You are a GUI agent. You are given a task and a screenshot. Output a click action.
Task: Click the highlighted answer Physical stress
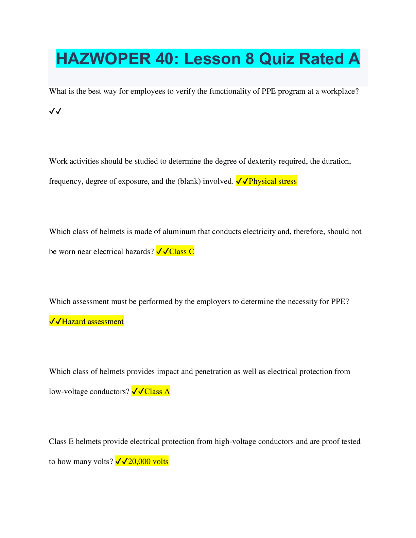(x=272, y=181)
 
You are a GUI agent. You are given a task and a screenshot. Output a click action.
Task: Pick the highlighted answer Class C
(x=181, y=252)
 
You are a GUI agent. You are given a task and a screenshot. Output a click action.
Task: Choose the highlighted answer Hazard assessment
(x=92, y=322)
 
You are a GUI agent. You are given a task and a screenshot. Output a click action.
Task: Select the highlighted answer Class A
(x=157, y=392)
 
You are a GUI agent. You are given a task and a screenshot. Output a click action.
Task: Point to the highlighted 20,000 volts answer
(x=148, y=462)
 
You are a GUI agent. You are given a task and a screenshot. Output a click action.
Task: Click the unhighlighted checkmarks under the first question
(x=55, y=111)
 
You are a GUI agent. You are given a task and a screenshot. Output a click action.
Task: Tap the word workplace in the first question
(x=340, y=91)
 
